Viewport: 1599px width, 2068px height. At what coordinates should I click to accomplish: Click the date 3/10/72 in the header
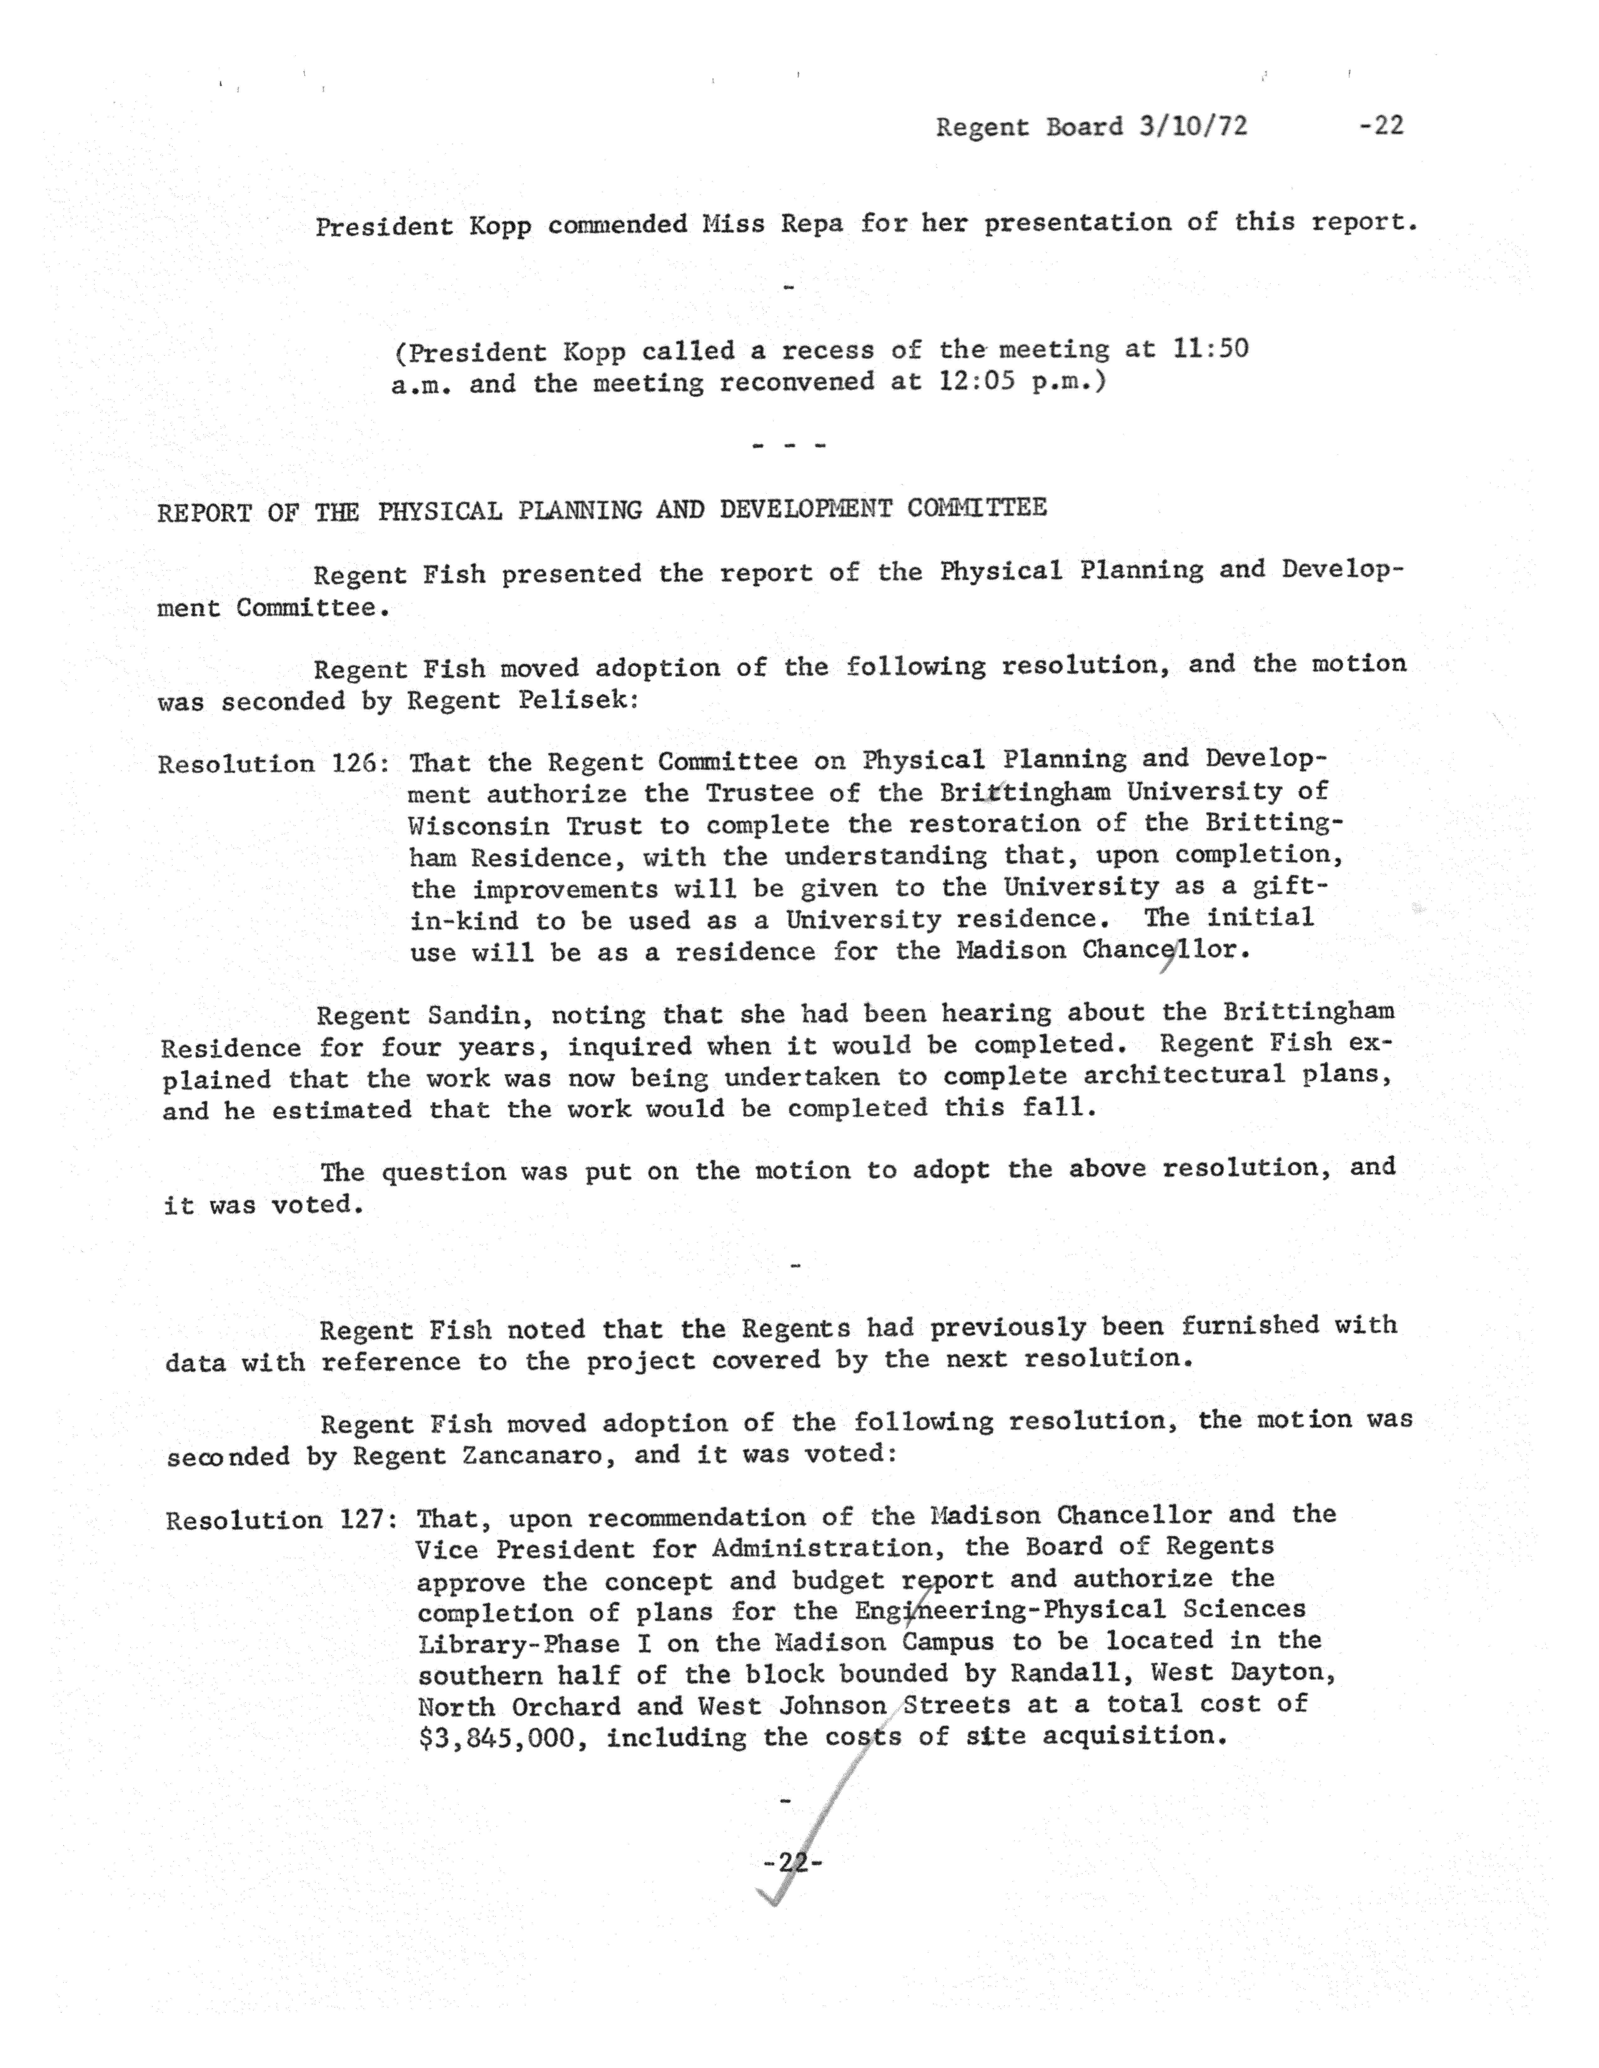(x=1193, y=126)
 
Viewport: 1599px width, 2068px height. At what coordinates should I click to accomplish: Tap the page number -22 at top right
(x=1381, y=125)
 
